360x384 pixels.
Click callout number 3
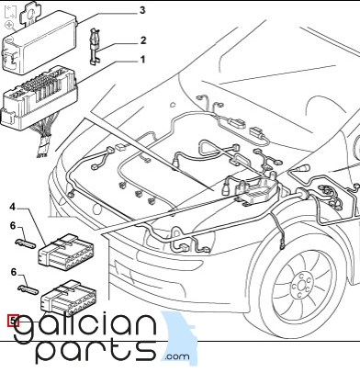142,10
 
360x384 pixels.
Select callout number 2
143,40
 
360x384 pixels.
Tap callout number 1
142,60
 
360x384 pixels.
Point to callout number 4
12,207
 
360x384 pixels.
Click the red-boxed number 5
13,321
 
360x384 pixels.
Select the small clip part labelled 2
95,47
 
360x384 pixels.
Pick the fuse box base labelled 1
39,98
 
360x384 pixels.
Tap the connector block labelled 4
66,252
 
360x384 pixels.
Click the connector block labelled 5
69,298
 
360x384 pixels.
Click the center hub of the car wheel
301,287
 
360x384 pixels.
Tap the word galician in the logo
85,327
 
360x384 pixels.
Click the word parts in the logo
96,351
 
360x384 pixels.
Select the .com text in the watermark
177,356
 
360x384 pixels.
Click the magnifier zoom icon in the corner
9,25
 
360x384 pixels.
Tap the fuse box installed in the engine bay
256,190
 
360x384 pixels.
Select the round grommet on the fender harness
301,194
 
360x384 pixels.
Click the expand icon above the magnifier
10,12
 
